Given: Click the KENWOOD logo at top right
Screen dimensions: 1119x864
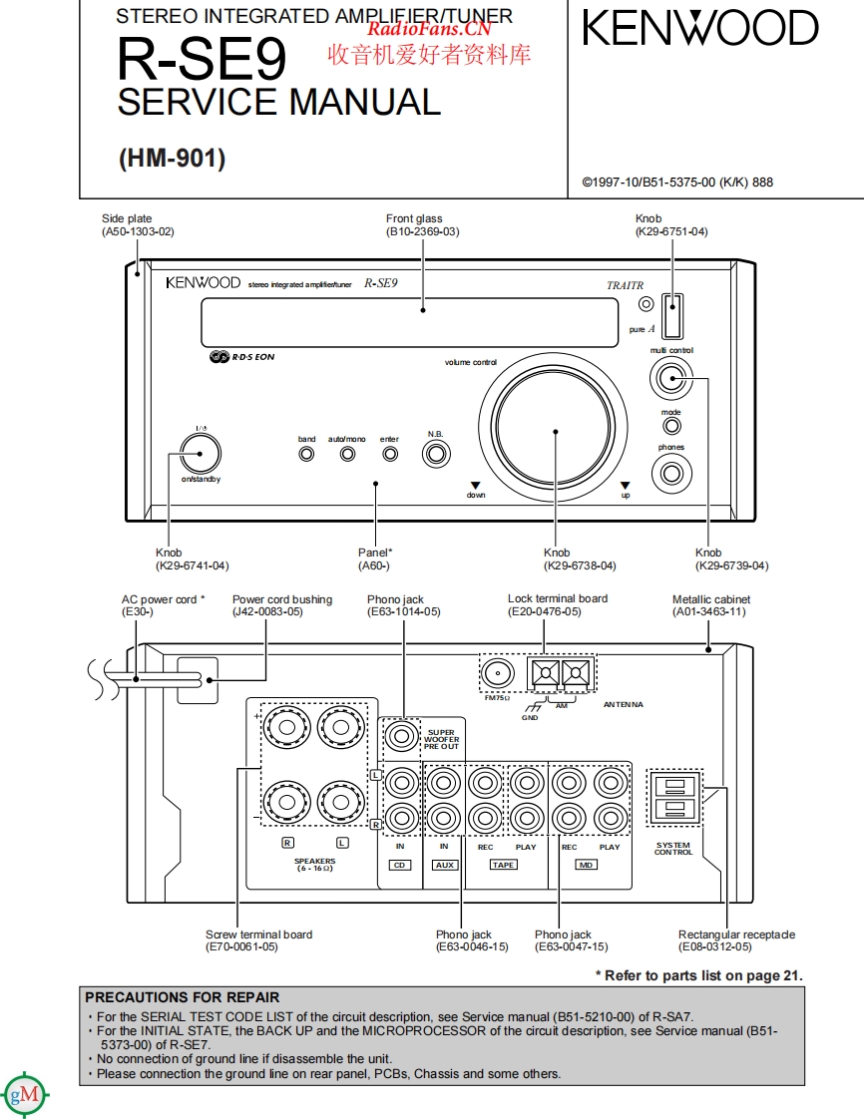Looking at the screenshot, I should [700, 29].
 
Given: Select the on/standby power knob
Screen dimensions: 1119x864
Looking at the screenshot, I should [201, 455].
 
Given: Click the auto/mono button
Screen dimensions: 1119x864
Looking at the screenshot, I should [347, 454].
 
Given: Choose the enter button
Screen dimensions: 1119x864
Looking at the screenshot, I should [390, 454].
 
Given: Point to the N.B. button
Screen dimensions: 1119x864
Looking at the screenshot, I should [435, 454].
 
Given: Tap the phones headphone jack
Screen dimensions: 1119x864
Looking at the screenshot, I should [671, 474].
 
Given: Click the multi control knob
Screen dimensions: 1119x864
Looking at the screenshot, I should [670, 378].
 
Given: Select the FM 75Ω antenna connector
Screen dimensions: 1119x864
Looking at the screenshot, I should [497, 674].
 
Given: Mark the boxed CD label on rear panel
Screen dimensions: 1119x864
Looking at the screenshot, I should [399, 865].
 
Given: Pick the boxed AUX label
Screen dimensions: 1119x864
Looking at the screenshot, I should [445, 865].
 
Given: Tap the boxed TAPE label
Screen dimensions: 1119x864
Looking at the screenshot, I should [504, 865].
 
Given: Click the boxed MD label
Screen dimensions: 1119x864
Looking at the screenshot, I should [587, 865].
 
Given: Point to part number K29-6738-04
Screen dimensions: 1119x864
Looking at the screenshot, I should [580, 565].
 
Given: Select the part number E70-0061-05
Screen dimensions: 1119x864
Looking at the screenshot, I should [241, 946].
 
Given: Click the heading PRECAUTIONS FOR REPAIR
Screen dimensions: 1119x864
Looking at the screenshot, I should [183, 996].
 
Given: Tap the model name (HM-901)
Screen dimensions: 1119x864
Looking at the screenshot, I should [173, 158].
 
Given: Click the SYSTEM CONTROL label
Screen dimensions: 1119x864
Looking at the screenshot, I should [672, 849].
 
